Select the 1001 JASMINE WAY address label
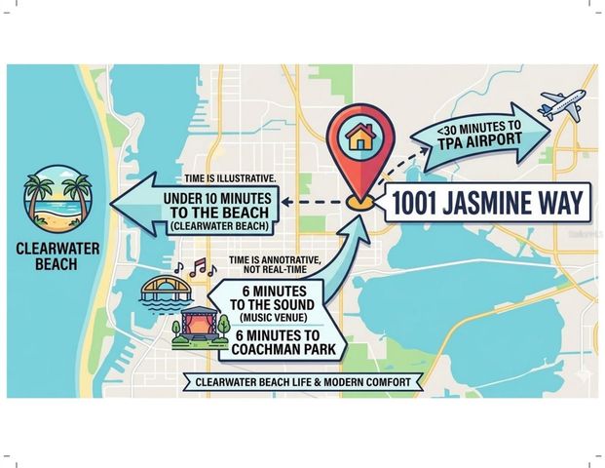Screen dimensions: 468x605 [x=490, y=204]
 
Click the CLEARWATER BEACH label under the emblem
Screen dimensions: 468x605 [x=56, y=255]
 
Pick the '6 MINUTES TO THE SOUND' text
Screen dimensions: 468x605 [x=270, y=297]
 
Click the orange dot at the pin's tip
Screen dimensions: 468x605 [x=360, y=203]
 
